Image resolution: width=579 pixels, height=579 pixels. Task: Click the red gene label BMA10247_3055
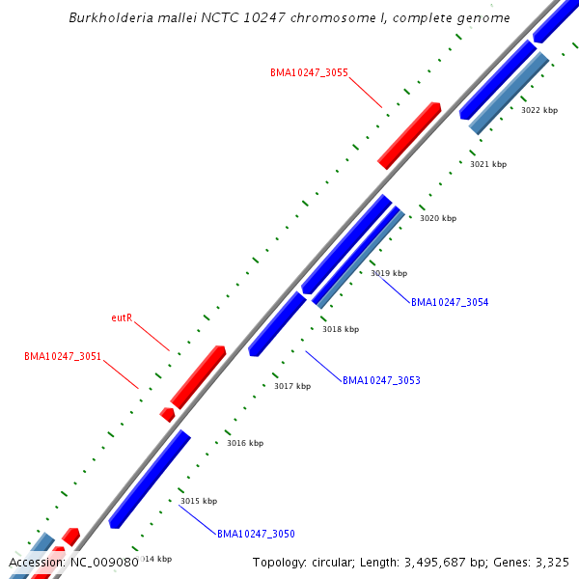309,72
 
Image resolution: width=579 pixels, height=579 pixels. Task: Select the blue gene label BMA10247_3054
450,302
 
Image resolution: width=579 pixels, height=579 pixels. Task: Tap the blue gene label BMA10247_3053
381,380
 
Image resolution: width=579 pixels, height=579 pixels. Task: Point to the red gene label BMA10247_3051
63,356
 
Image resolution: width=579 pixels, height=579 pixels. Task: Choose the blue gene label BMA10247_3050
256,534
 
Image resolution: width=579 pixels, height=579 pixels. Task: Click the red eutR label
122,317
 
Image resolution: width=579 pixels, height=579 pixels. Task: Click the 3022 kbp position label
539,110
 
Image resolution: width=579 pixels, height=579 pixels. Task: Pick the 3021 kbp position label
488,164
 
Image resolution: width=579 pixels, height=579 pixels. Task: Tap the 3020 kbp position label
438,218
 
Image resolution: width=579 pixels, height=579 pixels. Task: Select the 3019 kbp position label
389,273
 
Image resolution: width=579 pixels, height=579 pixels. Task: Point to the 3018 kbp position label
341,329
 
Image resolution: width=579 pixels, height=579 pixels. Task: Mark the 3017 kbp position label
292,386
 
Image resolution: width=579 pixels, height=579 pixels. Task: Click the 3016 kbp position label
245,443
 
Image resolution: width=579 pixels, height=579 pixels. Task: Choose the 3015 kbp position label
199,501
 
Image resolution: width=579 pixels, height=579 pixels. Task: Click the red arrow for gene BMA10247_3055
409,135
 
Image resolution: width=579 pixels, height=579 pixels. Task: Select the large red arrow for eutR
198,376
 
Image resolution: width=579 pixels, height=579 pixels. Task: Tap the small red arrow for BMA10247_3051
168,414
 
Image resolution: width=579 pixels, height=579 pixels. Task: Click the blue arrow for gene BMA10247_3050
150,479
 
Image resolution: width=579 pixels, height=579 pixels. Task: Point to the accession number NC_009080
100,562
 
